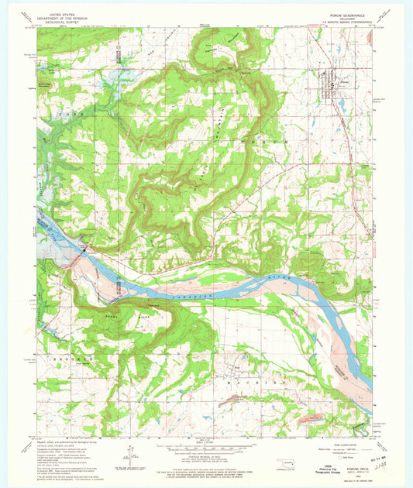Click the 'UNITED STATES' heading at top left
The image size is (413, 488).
tap(67, 14)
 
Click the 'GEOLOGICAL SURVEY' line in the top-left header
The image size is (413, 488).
tap(67, 23)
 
